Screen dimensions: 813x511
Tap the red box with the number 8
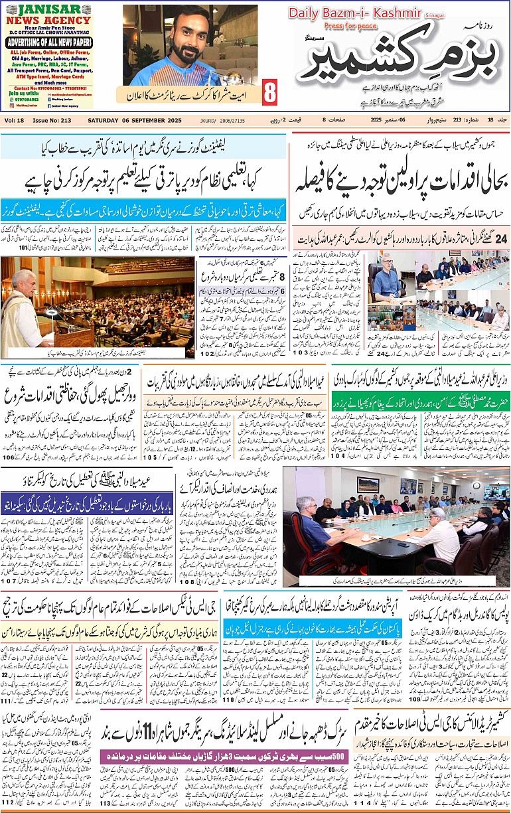click(x=269, y=93)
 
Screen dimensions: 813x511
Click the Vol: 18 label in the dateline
click(x=14, y=120)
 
